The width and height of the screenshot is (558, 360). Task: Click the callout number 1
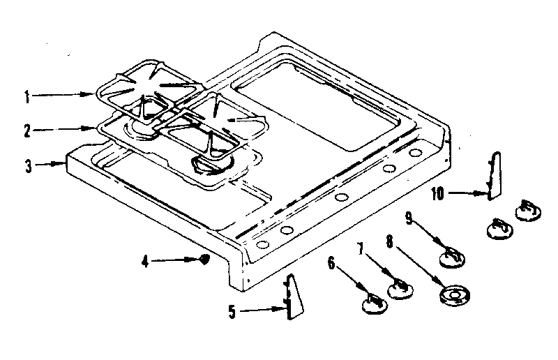click(27, 98)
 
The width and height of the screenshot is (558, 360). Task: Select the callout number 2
click(27, 130)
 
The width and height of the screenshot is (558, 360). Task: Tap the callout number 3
click(27, 166)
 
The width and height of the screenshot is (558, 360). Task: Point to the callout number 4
click(145, 262)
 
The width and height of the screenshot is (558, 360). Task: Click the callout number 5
click(233, 312)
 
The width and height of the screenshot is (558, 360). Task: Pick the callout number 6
click(331, 264)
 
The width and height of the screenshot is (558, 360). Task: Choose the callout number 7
click(361, 249)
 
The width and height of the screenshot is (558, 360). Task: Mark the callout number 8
click(389, 242)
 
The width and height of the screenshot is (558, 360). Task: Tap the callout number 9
click(410, 219)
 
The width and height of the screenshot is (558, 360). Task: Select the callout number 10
click(437, 193)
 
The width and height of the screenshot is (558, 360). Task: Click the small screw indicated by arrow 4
click(204, 260)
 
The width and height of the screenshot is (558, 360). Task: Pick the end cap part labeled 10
click(495, 177)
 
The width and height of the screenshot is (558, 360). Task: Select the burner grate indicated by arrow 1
click(149, 95)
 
